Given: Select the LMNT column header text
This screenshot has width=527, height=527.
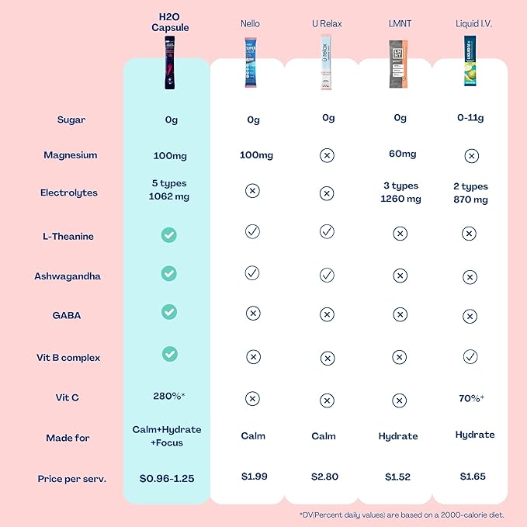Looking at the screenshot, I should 400,24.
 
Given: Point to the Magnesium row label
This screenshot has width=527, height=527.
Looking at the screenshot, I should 71,155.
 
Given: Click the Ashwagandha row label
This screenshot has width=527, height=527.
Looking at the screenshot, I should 68,276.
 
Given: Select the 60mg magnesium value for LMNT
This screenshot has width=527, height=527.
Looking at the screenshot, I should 400,154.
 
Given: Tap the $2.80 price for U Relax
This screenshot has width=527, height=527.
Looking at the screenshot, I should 324,477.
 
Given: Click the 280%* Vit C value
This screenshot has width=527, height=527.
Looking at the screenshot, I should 169,397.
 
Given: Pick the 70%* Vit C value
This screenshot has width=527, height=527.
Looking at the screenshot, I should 470,398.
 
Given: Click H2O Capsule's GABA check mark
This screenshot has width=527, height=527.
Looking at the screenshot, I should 169,311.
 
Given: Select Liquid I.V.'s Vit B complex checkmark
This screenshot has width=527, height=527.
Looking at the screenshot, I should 470,357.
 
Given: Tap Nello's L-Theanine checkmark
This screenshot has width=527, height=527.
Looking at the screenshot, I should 252,231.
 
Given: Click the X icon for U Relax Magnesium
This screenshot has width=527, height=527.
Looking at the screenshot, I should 327,155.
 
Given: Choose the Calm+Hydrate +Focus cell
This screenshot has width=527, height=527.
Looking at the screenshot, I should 169,437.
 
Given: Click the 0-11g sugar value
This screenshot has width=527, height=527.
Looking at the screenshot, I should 470,118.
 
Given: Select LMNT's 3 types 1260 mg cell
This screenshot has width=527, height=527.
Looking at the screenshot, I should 400,192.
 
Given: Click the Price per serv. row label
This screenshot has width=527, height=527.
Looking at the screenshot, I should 72,479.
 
